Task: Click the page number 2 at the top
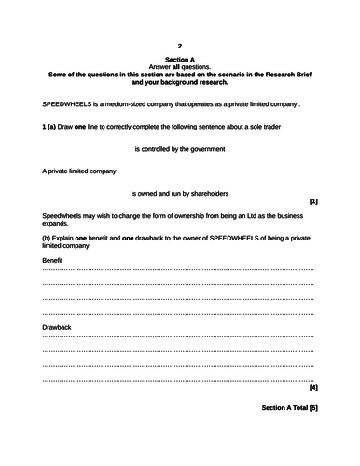[180, 46]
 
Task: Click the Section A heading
[180, 60]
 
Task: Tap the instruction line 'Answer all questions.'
[180, 67]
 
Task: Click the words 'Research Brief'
[284, 75]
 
